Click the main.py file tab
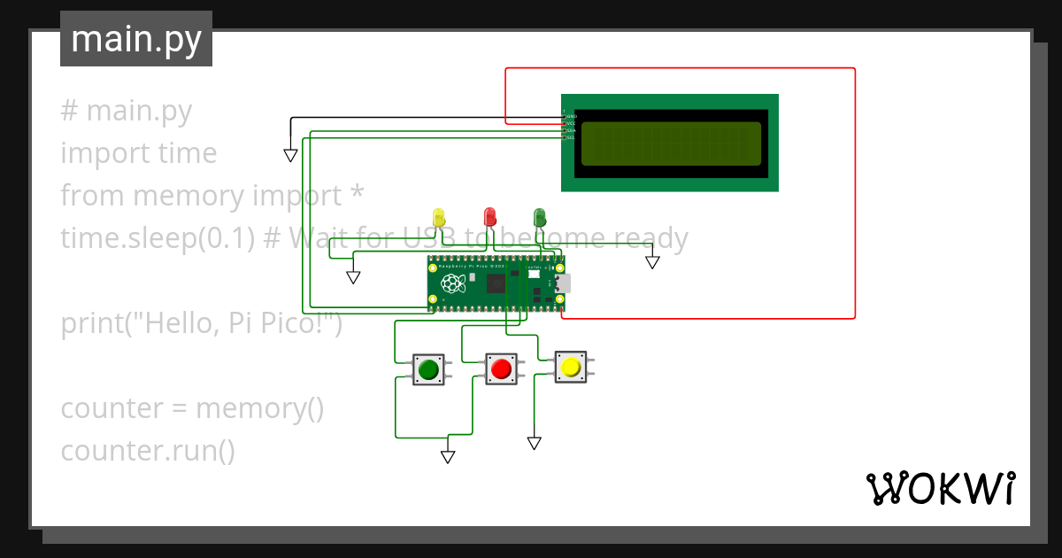coord(136,39)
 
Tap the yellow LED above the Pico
coord(439,218)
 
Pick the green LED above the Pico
coord(540,217)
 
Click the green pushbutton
coord(428,369)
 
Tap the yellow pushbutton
coord(571,366)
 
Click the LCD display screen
coord(671,143)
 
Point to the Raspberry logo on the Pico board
coord(453,284)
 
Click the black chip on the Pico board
coord(496,284)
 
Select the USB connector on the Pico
coord(564,284)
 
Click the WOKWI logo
coord(940,488)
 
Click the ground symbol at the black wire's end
coord(290,156)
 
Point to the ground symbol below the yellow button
coord(534,443)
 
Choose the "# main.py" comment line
coord(126,111)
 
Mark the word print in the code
coord(88,323)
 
